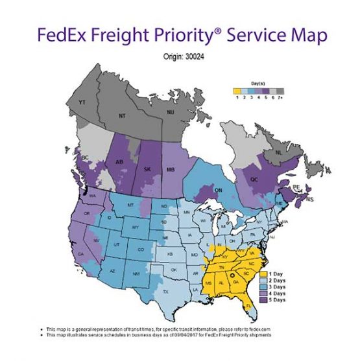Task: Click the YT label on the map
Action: (82, 102)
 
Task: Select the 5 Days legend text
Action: (279, 300)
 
